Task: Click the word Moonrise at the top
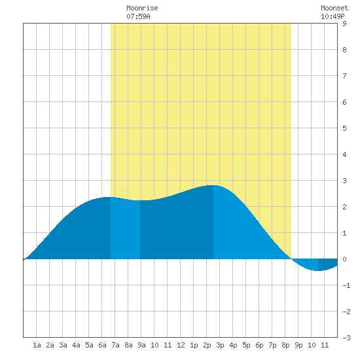142,9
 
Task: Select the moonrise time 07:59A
139,16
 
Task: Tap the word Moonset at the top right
334,9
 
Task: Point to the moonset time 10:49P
333,16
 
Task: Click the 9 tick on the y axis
344,24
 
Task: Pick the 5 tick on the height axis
344,128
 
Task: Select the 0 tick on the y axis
344,259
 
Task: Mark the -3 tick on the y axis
346,338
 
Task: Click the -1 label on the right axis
346,285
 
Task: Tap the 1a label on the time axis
37,345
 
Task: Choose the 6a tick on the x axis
102,345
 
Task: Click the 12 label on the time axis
181,345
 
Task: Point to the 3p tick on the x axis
220,345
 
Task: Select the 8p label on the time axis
285,345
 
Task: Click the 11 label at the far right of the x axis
325,345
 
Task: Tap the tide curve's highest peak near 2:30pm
213,185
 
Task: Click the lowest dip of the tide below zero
318,271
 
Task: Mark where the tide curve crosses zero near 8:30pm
291,259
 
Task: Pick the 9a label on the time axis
141,345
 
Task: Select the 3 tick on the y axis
344,181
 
